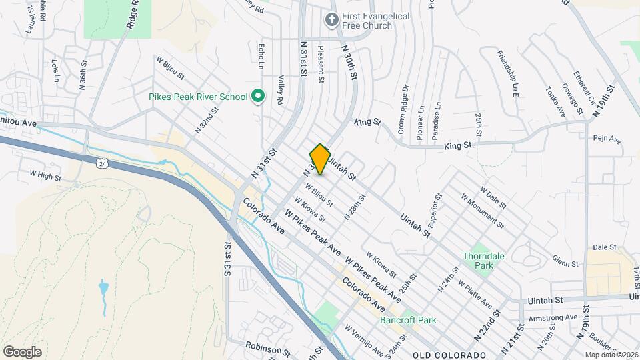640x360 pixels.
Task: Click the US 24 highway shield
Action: tap(101, 163)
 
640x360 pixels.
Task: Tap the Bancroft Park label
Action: tap(408, 320)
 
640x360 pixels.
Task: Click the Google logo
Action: tap(22, 351)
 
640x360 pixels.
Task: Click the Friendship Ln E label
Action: tap(506, 75)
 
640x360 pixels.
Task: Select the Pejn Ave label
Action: tap(606, 140)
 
